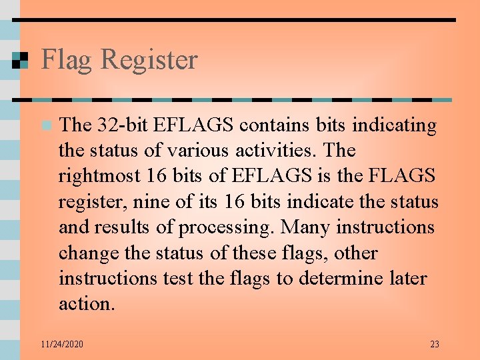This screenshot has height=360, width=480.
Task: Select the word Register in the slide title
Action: click(149, 60)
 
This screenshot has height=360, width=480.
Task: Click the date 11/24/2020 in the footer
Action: click(61, 344)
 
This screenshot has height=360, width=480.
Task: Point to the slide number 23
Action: click(435, 344)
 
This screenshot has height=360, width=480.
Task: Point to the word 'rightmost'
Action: click(99, 176)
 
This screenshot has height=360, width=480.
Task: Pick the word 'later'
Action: click(408, 279)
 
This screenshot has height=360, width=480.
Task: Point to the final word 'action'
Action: click(85, 304)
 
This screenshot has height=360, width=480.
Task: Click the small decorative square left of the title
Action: click(21, 61)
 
